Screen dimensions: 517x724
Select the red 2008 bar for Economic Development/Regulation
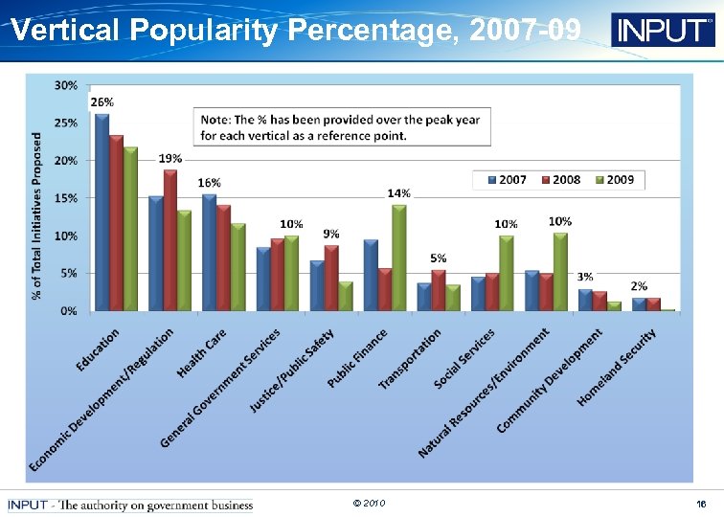pyautogui.click(x=170, y=240)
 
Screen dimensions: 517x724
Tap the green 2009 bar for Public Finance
pyautogui.click(x=399, y=258)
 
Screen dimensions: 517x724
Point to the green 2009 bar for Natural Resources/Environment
pyautogui.click(x=560, y=272)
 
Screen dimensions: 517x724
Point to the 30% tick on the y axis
pyautogui.click(x=66, y=85)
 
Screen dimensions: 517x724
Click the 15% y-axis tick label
pyautogui.click(x=66, y=198)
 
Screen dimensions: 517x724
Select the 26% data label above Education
pyautogui.click(x=102, y=101)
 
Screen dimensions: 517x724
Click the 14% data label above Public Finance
pyautogui.click(x=398, y=193)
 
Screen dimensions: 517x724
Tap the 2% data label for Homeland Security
pyautogui.click(x=639, y=286)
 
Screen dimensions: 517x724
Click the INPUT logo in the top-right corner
pyautogui.click(x=663, y=31)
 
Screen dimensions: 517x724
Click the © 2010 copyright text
pyautogui.click(x=368, y=503)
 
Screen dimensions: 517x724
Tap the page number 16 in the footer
pyautogui.click(x=701, y=504)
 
